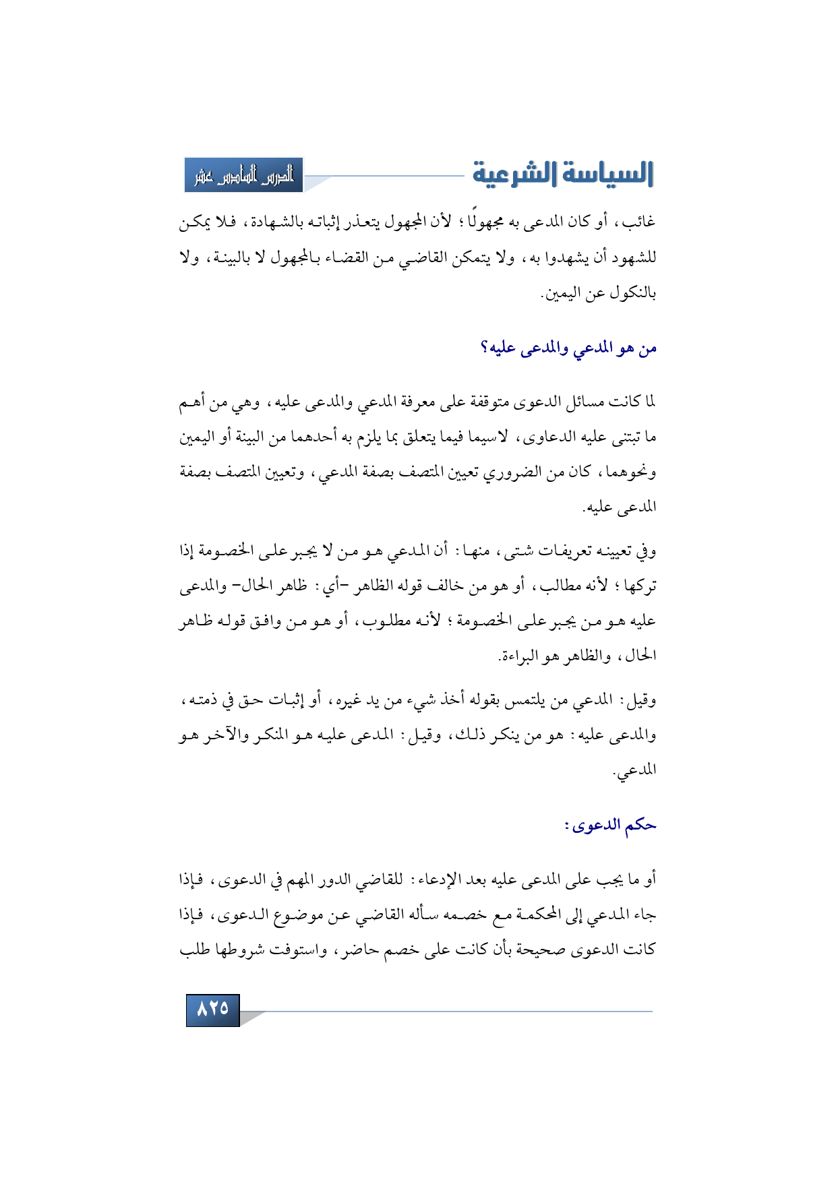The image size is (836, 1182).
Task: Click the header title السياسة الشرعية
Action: point(563,174)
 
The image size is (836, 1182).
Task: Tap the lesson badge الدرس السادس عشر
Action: point(244,175)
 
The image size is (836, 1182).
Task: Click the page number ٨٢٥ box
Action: point(213,1009)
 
